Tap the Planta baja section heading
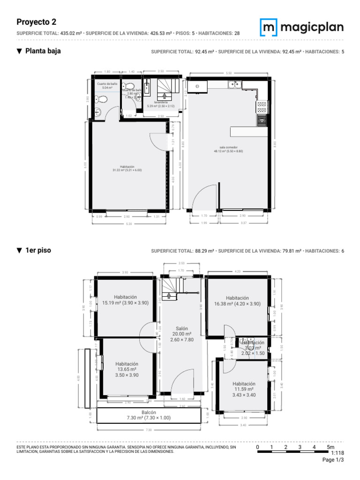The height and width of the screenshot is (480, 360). tap(43, 51)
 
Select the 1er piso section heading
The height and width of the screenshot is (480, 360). tap(38, 251)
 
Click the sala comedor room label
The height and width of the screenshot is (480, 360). tap(228, 149)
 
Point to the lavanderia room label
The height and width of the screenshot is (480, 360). tap(161, 104)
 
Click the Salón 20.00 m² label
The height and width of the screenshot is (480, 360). tap(182, 334)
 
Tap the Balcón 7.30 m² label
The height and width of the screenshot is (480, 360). tap(149, 415)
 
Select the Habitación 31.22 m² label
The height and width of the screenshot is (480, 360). tap(127, 168)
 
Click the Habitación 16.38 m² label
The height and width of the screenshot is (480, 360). tap(237, 300)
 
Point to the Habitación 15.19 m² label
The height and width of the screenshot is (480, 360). tap(125, 300)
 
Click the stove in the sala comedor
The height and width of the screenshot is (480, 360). tap(262, 107)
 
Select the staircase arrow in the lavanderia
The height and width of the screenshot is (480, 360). tap(164, 95)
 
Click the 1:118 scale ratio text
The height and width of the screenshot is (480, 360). tap(337, 453)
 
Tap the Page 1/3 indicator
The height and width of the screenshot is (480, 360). tap(333, 460)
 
